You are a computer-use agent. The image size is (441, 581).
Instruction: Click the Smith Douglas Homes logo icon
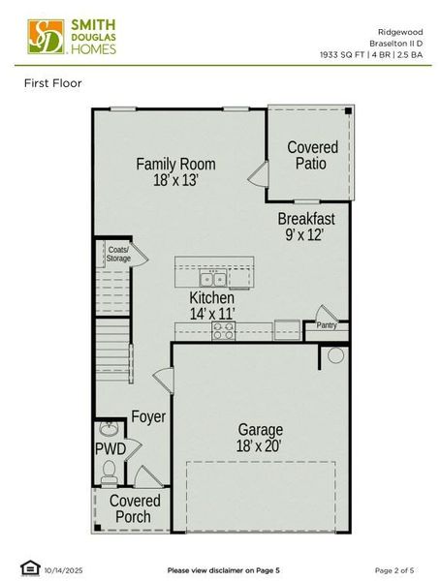coord(43,36)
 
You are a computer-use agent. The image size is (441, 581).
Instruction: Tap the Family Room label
coord(175,164)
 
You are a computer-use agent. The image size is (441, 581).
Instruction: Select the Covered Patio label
coord(312,155)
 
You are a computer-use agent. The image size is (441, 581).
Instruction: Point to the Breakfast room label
coord(306,218)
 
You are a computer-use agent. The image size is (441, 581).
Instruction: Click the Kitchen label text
coord(211,298)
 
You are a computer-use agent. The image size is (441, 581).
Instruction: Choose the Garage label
coord(261,429)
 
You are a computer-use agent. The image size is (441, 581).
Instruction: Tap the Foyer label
coord(148,417)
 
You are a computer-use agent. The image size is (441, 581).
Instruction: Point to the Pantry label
coord(326,326)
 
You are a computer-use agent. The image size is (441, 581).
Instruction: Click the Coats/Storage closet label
coord(118,254)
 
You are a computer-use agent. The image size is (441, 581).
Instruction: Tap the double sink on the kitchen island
coord(214,280)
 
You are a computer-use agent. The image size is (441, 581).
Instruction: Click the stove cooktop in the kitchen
coord(224,329)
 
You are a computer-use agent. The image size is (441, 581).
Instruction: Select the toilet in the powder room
coord(110,472)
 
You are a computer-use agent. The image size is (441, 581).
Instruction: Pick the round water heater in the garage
coord(335,355)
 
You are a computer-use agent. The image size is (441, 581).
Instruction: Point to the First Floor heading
coord(53,83)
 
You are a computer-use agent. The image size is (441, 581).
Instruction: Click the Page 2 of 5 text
coord(395,569)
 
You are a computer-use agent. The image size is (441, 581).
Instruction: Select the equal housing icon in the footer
coord(27,568)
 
